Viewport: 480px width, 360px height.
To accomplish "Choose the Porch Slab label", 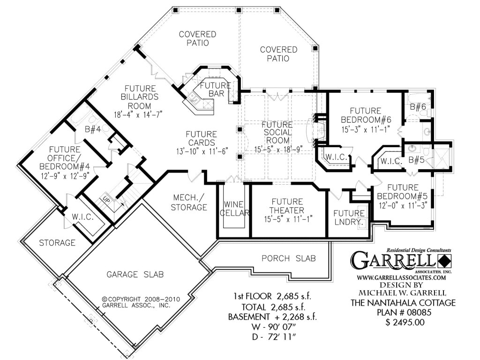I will point(288,258).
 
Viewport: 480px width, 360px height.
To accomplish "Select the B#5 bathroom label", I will point(416,161).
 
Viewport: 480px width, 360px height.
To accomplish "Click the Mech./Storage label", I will point(190,202).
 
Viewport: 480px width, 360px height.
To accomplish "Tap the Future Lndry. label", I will point(349,218).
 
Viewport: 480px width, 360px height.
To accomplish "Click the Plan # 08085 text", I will point(403,313).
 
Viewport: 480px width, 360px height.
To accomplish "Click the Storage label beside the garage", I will point(57,243).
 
